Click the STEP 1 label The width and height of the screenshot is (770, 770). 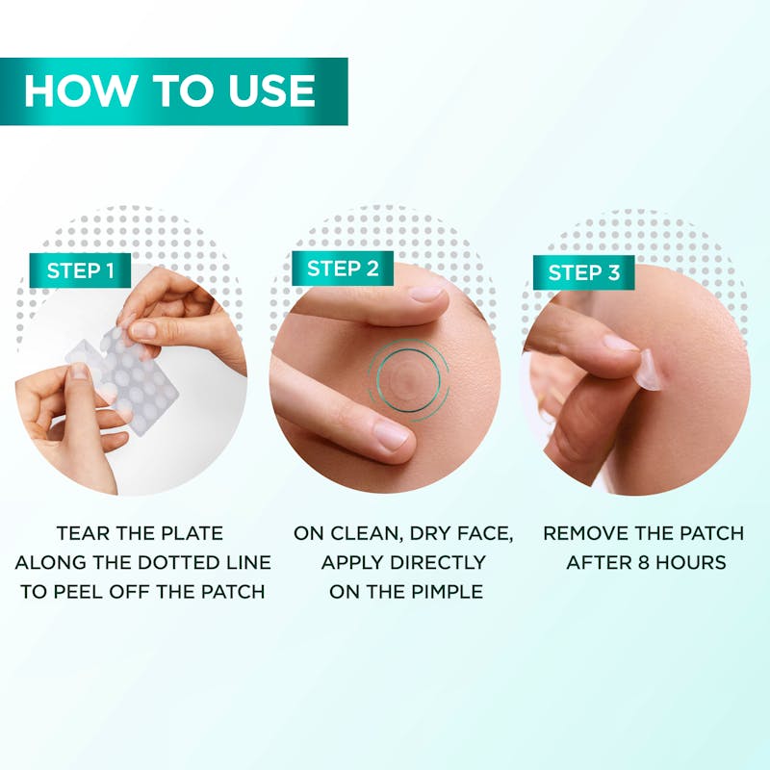[x=80, y=270]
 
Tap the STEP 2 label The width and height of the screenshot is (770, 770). [x=343, y=269]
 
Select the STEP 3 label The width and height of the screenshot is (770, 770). [x=584, y=272]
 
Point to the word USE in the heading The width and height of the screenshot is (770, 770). [x=271, y=90]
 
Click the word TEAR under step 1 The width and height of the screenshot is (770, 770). [x=80, y=533]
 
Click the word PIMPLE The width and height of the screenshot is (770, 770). [x=447, y=592]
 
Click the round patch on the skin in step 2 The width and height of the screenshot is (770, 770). [x=408, y=379]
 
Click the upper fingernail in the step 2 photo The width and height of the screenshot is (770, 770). [x=426, y=294]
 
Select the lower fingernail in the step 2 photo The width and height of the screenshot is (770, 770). [x=392, y=436]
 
